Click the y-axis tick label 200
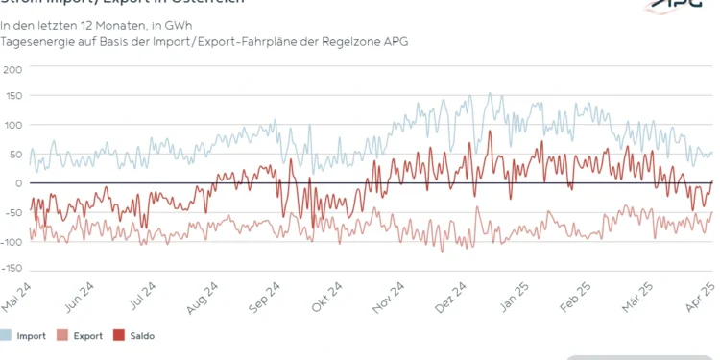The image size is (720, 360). click(x=12, y=69)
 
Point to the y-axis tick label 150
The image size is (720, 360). click(x=12, y=97)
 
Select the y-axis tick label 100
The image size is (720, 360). click(x=12, y=126)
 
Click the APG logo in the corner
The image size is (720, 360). click(x=687, y=6)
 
